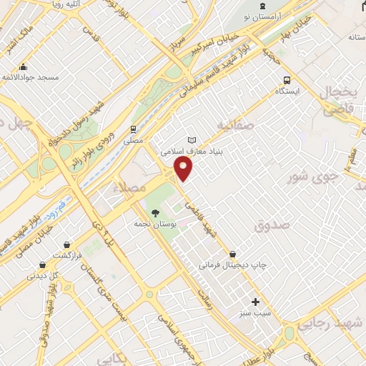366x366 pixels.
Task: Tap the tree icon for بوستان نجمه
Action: click(154, 212)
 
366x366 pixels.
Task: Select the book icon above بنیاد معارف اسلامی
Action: click(191, 140)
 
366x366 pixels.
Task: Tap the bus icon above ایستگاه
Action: click(287, 80)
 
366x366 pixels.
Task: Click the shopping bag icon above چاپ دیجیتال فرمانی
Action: click(233, 254)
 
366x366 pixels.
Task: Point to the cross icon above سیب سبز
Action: click(255, 302)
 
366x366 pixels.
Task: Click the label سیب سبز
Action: click(255, 314)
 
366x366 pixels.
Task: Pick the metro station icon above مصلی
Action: click(132, 129)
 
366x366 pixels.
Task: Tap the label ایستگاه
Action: click(288, 91)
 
